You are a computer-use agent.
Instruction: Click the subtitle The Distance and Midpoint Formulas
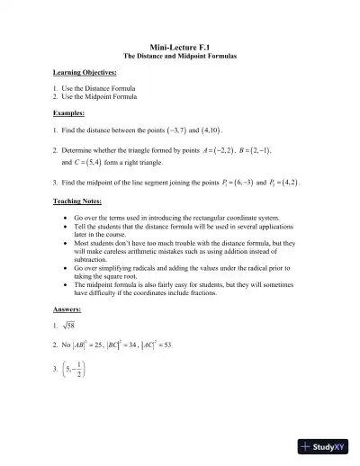(180, 56)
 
